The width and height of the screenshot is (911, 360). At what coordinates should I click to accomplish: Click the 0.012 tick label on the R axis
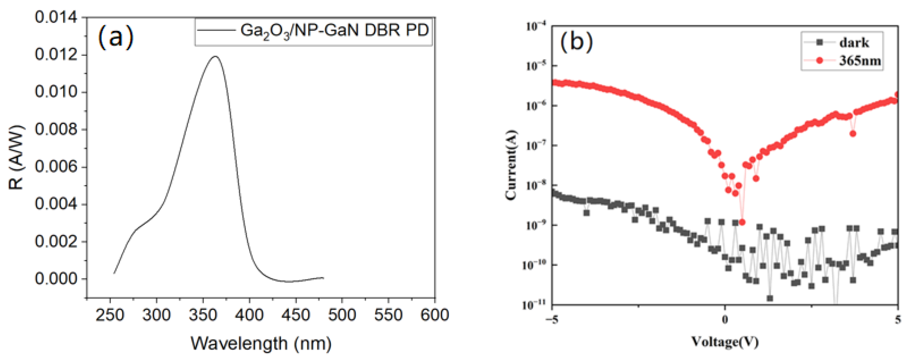[x=56, y=55]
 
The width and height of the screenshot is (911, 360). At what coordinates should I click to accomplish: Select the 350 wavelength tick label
[x=203, y=314]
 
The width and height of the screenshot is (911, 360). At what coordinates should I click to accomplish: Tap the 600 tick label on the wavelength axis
[x=435, y=314]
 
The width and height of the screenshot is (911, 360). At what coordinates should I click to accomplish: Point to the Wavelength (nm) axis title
[x=261, y=343]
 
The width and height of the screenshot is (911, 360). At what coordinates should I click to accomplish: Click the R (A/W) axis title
[x=16, y=157]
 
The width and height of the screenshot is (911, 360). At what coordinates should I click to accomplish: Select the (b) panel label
[x=576, y=41]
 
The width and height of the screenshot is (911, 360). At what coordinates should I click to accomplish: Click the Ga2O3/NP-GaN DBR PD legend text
[x=334, y=30]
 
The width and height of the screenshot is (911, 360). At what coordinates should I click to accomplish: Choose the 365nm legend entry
[x=859, y=61]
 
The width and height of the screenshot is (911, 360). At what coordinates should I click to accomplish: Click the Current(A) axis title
[x=511, y=165]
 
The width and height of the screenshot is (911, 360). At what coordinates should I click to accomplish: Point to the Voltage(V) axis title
[x=725, y=342]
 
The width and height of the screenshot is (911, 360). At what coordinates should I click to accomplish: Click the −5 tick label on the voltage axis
[x=551, y=320]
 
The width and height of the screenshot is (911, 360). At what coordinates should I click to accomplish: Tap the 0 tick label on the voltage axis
[x=725, y=320]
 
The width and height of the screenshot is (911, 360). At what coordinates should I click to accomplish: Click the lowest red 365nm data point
[x=742, y=222]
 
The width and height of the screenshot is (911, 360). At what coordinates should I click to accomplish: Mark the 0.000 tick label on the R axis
[x=56, y=279]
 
